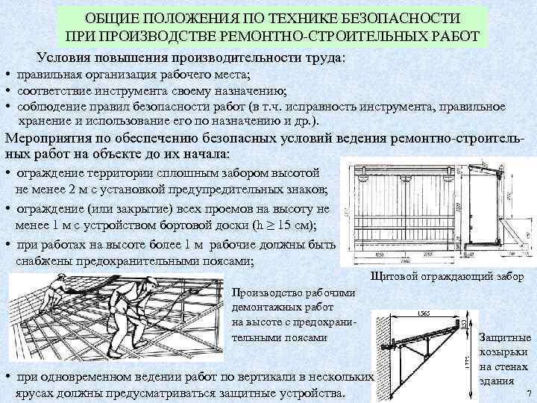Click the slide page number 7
[528, 394]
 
